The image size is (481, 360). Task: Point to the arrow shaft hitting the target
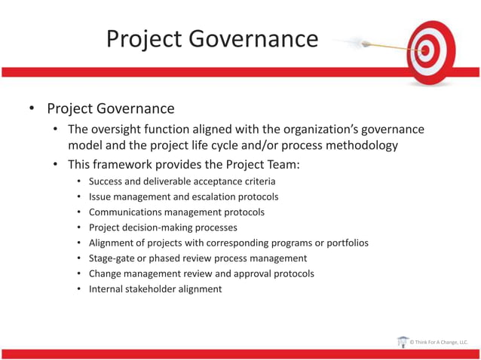[x=392, y=48]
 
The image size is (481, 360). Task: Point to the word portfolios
[x=339, y=243]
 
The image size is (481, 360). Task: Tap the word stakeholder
[x=155, y=288]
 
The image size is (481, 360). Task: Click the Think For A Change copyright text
[x=439, y=343]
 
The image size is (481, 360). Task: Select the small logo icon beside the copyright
[x=403, y=342]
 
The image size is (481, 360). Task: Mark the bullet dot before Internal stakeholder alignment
[x=79, y=289]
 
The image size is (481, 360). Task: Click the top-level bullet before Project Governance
[x=32, y=109]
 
